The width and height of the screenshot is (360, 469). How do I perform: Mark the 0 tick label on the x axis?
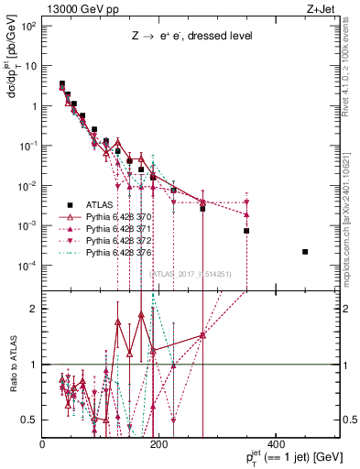pyautogui.click(x=43, y=444)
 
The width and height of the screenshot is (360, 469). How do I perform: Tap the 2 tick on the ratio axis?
pyautogui.click(x=34, y=309)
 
